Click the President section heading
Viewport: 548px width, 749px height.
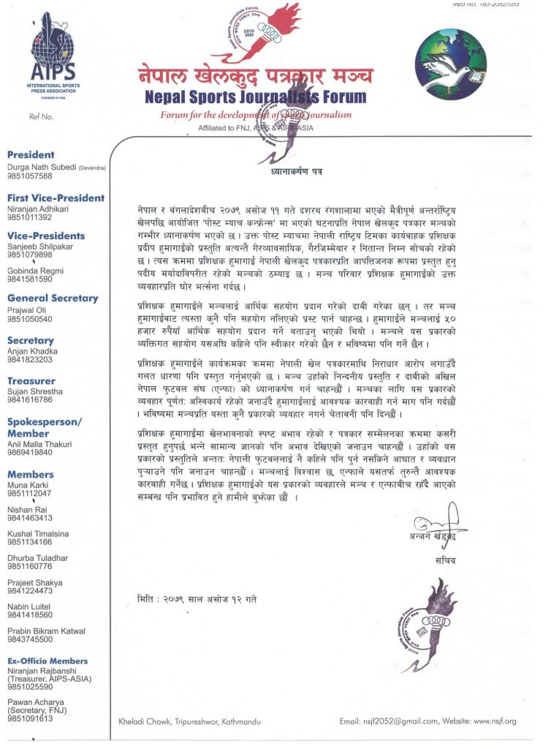pyautogui.click(x=31, y=155)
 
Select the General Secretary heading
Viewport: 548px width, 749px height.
pyautogui.click(x=53, y=298)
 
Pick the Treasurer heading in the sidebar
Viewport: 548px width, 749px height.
pyautogui.click(x=31, y=381)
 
